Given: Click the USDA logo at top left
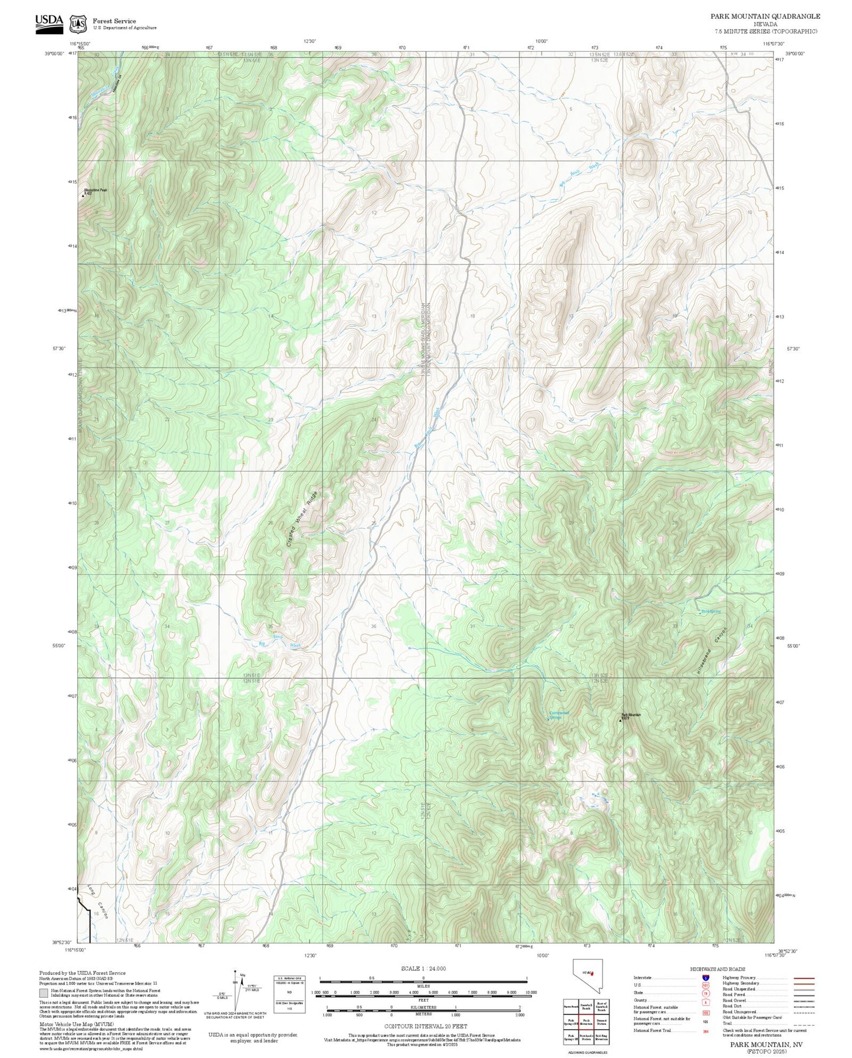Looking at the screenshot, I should [x=49, y=21].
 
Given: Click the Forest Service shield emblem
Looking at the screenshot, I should [x=77, y=24].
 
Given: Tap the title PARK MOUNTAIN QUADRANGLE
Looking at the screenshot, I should [x=765, y=16].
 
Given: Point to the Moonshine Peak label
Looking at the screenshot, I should [x=96, y=190].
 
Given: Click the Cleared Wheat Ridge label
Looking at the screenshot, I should [x=302, y=518].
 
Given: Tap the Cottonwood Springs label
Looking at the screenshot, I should [x=559, y=715].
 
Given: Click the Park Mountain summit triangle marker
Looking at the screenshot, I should [x=620, y=720].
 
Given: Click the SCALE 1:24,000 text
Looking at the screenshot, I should [x=423, y=968].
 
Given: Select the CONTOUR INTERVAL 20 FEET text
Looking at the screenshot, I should [x=423, y=1026].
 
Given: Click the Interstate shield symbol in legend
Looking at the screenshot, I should [x=705, y=978].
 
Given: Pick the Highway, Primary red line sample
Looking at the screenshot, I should [x=804, y=978].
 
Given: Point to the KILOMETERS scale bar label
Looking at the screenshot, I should [x=423, y=1008].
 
